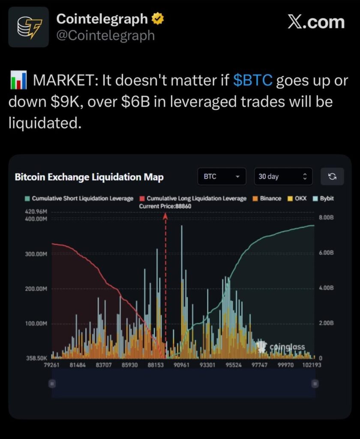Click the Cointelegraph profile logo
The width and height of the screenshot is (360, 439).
pyautogui.click(x=29, y=27)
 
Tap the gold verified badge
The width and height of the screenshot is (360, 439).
pyautogui.click(x=157, y=19)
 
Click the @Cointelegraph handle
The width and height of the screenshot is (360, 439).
pyautogui.click(x=105, y=35)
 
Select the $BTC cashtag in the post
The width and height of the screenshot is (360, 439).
pyautogui.click(x=253, y=80)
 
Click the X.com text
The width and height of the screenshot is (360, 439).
pyautogui.click(x=316, y=22)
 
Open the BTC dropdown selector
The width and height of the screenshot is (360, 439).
pyautogui.click(x=222, y=177)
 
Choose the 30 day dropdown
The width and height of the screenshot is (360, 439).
pyautogui.click(x=283, y=177)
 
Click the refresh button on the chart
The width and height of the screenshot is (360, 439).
pyautogui.click(x=332, y=177)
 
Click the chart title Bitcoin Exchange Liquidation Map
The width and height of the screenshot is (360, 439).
pyautogui.click(x=89, y=177)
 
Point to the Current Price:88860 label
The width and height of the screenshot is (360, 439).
pyautogui.click(x=165, y=206)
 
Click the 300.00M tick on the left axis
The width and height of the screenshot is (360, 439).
pyautogui.click(x=36, y=254)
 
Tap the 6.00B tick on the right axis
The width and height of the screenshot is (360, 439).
pyautogui.click(x=327, y=253)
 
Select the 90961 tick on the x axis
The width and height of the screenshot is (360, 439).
pyautogui.click(x=182, y=365)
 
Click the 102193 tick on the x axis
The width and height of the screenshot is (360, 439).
pyautogui.click(x=312, y=365)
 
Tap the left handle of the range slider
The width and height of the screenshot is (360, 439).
pyautogui.click(x=52, y=384)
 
